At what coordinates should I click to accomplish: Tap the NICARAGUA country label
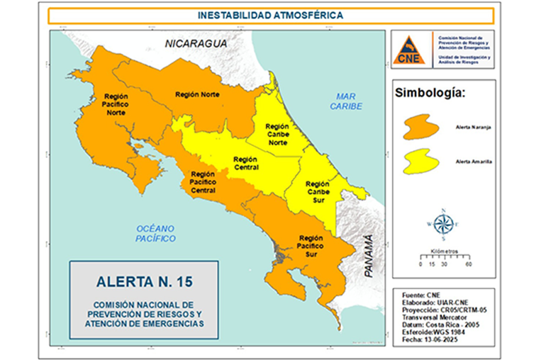[x=196, y=44]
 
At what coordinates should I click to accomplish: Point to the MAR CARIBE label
[x=346, y=101]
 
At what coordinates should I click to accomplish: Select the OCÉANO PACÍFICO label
[x=155, y=233]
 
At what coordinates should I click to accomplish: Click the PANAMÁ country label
[x=369, y=255]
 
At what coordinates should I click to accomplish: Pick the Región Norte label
[x=197, y=94]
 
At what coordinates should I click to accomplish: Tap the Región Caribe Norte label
[x=277, y=135]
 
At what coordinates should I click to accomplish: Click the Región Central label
[x=245, y=164]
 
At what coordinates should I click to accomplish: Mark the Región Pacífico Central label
[x=203, y=182]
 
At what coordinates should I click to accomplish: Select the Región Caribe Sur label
[x=317, y=191]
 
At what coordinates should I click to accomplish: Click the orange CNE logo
[x=409, y=50]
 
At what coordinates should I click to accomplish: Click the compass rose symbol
[x=443, y=225]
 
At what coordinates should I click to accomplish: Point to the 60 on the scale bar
[x=469, y=264]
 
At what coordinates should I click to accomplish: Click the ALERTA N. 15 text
[x=144, y=282]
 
